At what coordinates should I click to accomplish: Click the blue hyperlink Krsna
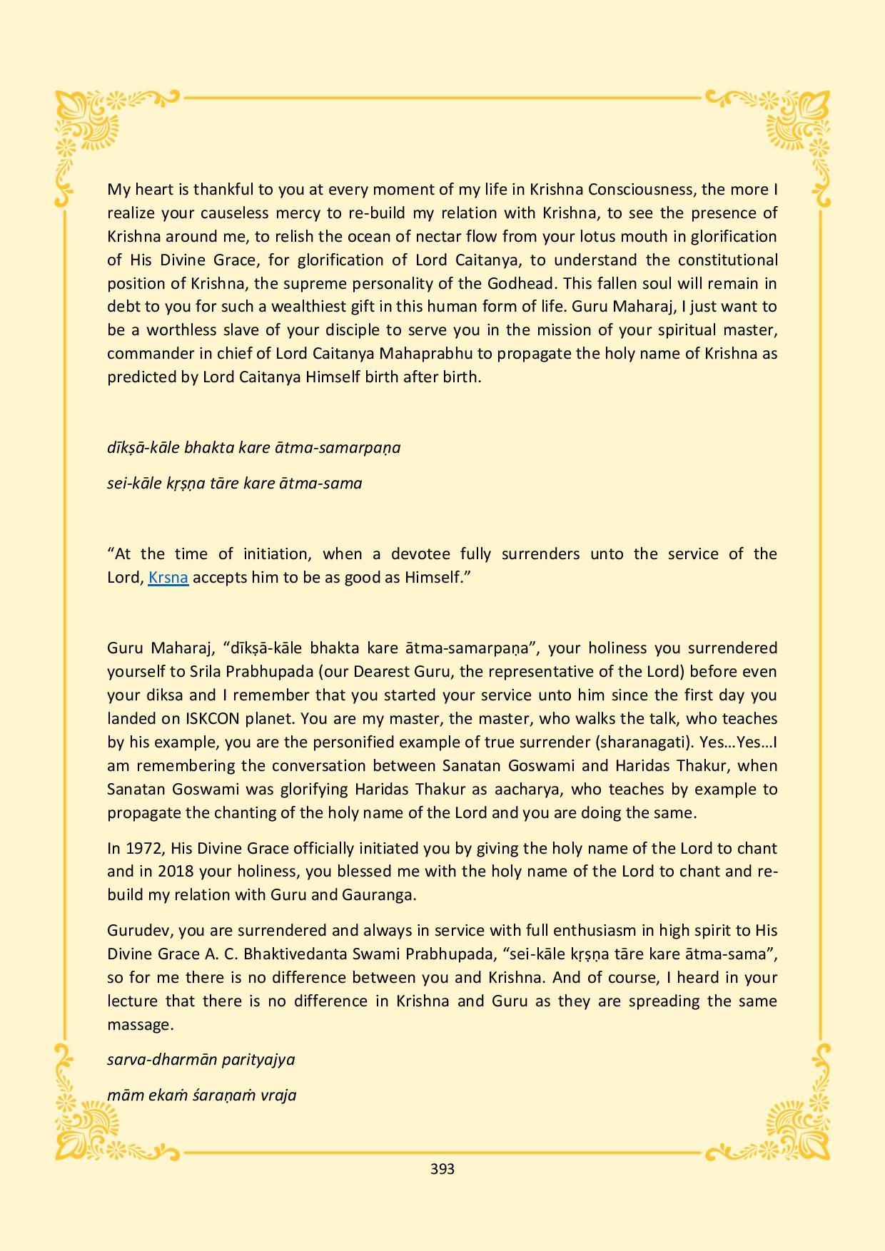(168, 577)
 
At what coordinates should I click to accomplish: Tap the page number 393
(442, 1169)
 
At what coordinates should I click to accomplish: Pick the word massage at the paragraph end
(139, 1024)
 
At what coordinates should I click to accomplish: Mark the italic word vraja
(278, 1095)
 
